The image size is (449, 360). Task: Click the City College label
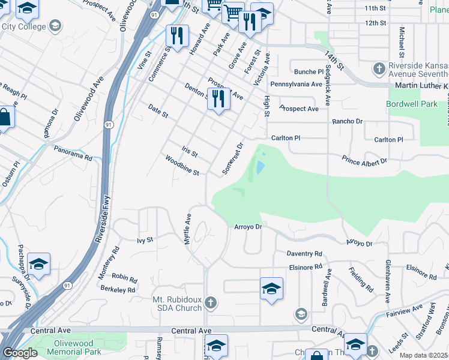pyautogui.click(x=24, y=26)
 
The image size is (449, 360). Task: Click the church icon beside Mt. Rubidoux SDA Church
pyautogui.click(x=210, y=302)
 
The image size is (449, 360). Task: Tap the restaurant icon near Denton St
pyautogui.click(x=218, y=99)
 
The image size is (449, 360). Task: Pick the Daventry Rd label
pyautogui.click(x=304, y=254)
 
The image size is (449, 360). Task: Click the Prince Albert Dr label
pyautogui.click(x=365, y=161)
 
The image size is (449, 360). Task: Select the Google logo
pyautogui.click(x=20, y=353)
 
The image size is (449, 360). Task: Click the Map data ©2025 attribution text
pyautogui.click(x=424, y=355)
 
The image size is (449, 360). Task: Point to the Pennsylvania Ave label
pyautogui.click(x=297, y=84)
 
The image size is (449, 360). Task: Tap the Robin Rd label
pyautogui.click(x=124, y=278)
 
